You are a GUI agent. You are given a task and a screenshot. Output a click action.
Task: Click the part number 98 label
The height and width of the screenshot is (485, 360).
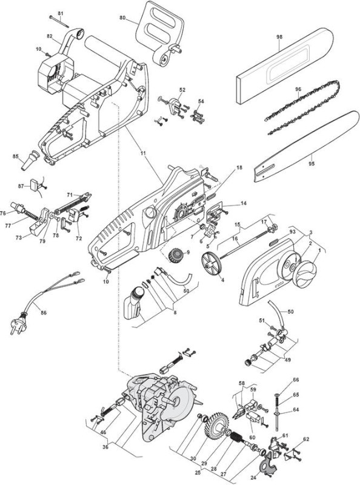(279, 37)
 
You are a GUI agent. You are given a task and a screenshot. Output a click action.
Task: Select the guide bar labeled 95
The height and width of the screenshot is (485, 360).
(307, 146)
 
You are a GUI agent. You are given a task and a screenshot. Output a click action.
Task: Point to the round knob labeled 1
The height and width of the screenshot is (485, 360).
(306, 274)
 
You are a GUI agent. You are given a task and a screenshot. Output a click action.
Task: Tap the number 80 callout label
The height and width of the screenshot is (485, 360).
(122, 18)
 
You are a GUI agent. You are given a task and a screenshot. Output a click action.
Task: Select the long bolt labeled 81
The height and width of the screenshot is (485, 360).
(59, 22)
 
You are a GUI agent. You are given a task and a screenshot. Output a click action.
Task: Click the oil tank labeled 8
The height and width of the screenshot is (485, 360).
(133, 303)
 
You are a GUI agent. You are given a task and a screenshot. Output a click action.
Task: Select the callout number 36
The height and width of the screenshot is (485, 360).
(105, 446)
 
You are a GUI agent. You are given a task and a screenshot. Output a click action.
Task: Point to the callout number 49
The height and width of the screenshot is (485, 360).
(288, 360)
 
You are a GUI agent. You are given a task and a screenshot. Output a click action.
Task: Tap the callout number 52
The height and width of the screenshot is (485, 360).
(182, 90)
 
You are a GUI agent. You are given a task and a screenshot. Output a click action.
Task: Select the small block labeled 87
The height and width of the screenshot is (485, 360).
(34, 184)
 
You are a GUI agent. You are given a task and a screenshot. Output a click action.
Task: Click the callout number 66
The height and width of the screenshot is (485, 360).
(296, 380)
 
